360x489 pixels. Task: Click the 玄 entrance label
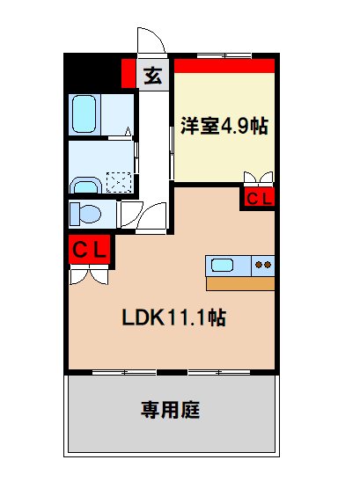point(153,75)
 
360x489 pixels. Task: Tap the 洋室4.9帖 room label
point(224,125)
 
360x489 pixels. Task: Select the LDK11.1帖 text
point(174,317)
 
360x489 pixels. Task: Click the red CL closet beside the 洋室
point(259,199)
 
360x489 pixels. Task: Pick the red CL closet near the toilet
point(89,250)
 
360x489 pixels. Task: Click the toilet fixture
point(84,214)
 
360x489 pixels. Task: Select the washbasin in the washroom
point(85,185)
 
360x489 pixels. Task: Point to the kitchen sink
point(220,264)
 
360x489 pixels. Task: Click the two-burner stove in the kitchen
point(263,264)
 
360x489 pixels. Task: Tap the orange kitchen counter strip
point(240,283)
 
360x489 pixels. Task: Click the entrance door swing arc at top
point(149,40)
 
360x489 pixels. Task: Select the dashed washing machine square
point(119,181)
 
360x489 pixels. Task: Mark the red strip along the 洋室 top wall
point(224,64)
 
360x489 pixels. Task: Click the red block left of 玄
point(129,73)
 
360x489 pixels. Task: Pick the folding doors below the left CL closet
point(89,275)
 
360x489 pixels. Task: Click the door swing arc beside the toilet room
point(132,215)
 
